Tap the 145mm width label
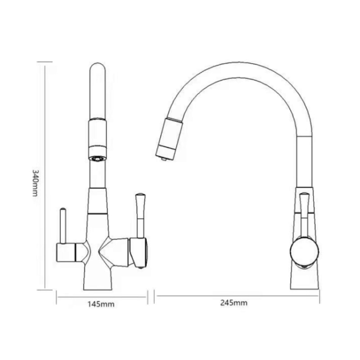coord(100,304)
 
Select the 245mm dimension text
coord(234,303)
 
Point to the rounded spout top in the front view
coord(98,70)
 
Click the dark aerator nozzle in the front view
coord(98,158)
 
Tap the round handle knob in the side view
coord(304,250)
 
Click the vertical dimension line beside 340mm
coord(45,175)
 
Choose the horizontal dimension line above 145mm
coord(102,296)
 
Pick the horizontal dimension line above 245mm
coord(237,296)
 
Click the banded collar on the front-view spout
coord(98,135)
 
